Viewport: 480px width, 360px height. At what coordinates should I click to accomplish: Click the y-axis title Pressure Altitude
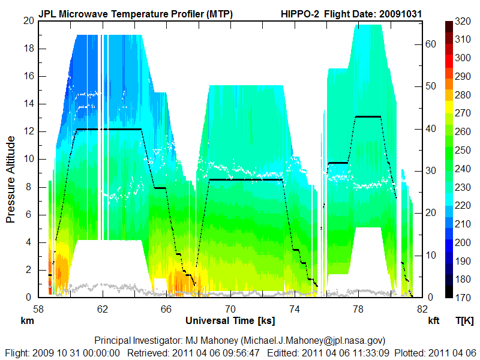(x=11, y=179)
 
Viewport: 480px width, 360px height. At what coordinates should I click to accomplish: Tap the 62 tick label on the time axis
(x=103, y=309)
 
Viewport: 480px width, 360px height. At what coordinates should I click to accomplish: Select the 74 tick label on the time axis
(x=295, y=309)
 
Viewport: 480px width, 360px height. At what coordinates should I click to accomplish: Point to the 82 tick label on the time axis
(x=422, y=309)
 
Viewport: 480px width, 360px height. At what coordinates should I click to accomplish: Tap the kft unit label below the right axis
(x=434, y=320)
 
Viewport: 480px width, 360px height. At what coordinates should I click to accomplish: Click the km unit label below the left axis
(x=28, y=320)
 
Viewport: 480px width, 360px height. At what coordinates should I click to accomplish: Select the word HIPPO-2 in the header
(x=299, y=13)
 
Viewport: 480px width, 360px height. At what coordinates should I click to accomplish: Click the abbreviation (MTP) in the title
(x=218, y=13)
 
